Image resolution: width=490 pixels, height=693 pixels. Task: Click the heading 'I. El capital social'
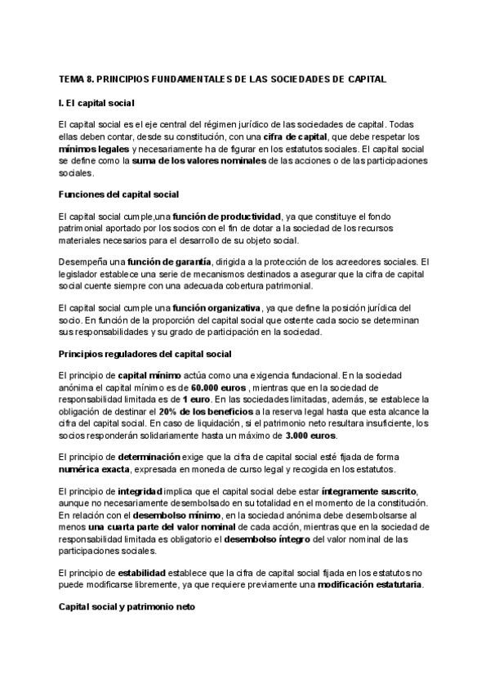(96, 103)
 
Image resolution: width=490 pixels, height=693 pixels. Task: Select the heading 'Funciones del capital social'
(119, 194)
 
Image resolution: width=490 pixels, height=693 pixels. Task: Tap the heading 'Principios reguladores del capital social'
(145, 353)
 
